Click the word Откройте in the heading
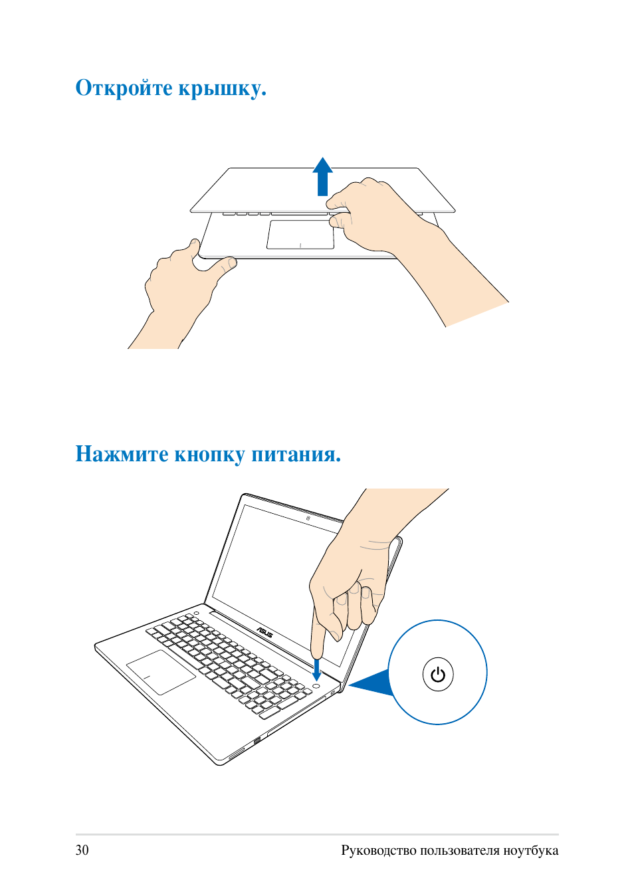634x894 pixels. tap(124, 88)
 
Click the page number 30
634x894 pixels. tap(82, 850)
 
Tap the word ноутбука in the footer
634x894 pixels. tap(531, 851)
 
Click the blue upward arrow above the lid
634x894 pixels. tap(322, 176)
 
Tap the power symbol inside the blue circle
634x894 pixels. tap(438, 675)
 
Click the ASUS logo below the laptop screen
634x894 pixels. tap(264, 632)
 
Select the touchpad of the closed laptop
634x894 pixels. tap(300, 234)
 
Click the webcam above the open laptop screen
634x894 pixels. tap(308, 518)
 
